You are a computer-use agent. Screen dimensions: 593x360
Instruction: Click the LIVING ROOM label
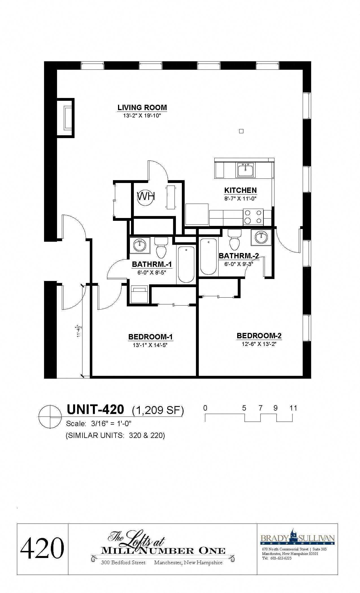tap(142, 108)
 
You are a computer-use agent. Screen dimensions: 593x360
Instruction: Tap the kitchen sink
tap(245, 170)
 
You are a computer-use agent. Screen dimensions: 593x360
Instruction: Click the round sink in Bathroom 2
tap(261, 237)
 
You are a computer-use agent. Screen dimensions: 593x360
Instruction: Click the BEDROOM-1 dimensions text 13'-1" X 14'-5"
tap(150, 345)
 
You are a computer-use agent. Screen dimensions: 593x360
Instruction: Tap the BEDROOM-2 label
tap(259, 336)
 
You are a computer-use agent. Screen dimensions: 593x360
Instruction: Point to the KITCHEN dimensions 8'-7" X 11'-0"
tap(240, 199)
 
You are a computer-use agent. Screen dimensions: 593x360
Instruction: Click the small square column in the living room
tap(241, 131)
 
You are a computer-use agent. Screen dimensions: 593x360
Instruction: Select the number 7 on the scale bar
tap(260, 408)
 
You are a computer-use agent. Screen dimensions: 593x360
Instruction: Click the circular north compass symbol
tap(50, 417)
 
